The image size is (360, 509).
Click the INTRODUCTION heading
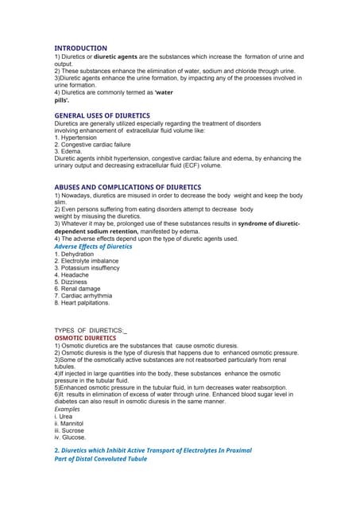tap(80, 48)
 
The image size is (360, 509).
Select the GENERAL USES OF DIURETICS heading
tap(102, 116)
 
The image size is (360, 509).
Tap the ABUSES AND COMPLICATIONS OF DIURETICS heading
tap(127, 187)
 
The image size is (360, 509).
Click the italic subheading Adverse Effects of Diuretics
tap(93, 247)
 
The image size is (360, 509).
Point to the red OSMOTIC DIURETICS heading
tap(85, 337)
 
